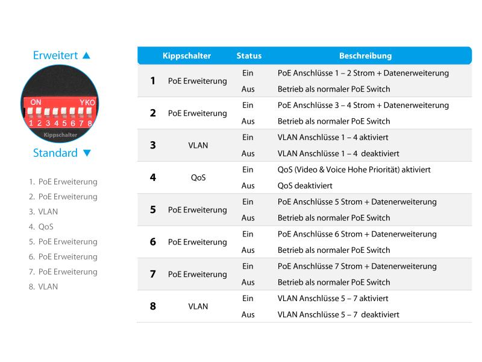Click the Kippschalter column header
pos(187,56)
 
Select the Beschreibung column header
pos(365,56)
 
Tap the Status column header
pos(249,56)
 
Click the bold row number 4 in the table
pos(152,177)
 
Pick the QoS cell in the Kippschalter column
pos(198,178)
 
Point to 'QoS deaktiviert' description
pos(305,186)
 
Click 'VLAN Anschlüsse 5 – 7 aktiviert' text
pos(333,299)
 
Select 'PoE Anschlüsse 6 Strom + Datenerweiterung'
pos(357,234)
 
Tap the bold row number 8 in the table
pos(152,306)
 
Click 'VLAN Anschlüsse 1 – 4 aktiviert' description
pos(333,138)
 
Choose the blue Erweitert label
pos(55,56)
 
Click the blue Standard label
pos(55,153)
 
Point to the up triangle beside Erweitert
pos(86,56)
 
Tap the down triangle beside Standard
pos(87,153)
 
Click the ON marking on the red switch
pos(36,103)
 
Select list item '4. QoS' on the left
pos(41,227)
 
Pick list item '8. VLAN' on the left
pos(43,287)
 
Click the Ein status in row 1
pos(248,73)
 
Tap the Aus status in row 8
pos(248,315)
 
